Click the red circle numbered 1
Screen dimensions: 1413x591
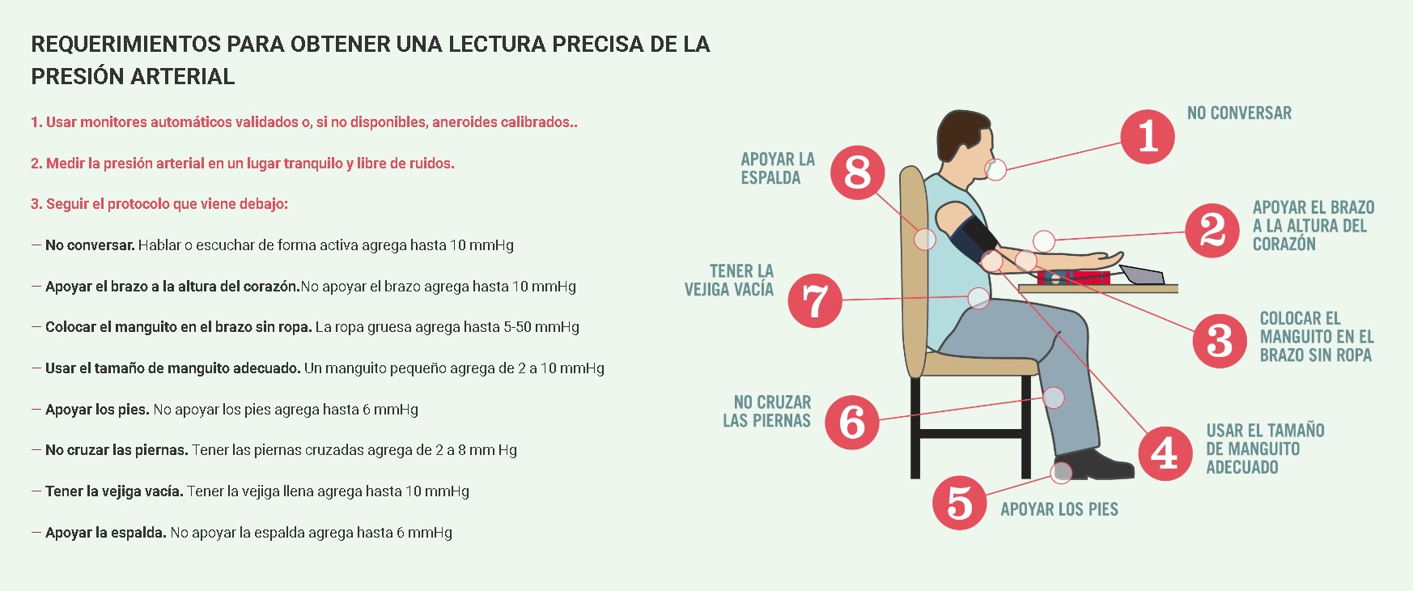[x=1148, y=136]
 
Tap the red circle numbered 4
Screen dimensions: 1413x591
[x=1165, y=453]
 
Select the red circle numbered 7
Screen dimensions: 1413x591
[x=815, y=300]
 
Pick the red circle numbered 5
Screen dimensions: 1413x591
[x=959, y=503]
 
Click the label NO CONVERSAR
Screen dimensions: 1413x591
[x=1239, y=113]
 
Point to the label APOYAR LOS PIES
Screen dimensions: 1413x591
[x=1059, y=509]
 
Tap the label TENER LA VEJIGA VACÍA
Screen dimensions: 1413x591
[x=729, y=280]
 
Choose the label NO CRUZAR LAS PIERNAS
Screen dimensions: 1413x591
[x=767, y=411]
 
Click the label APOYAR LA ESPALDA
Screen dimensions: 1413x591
[x=778, y=168]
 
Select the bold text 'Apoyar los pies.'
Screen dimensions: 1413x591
[x=97, y=409]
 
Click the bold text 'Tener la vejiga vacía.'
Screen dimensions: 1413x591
[x=114, y=491]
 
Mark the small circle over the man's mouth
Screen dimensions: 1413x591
[x=995, y=169]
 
